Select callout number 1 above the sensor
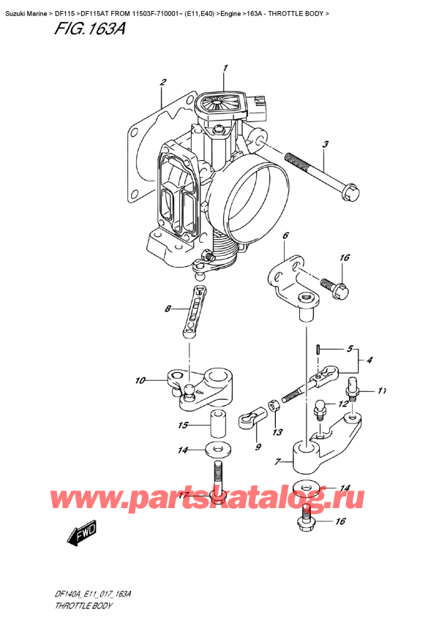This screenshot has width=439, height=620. point(225,69)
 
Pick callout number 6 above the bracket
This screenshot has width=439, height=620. point(285,235)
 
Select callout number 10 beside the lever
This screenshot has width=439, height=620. point(140,380)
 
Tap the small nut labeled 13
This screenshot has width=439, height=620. point(272,404)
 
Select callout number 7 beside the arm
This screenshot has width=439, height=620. point(277,462)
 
